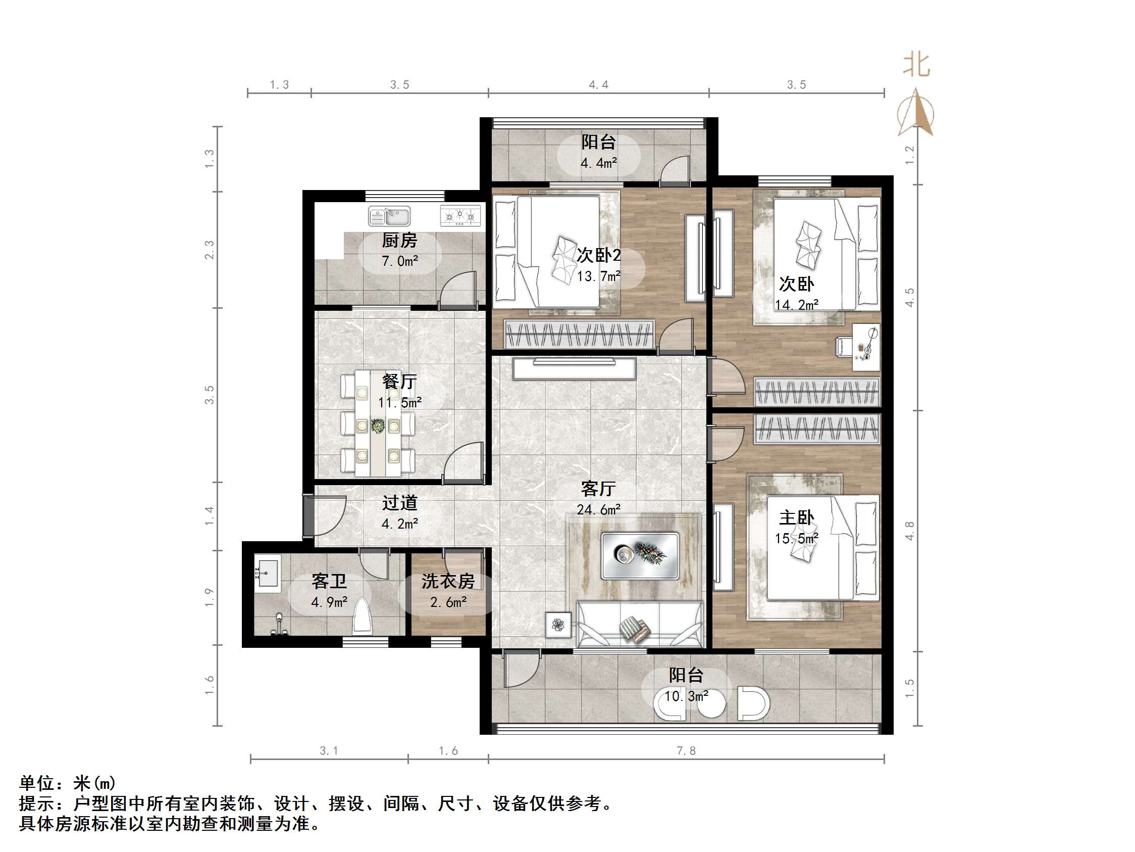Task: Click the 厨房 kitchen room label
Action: click(399, 241)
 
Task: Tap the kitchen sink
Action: click(389, 216)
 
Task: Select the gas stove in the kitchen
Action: click(460, 216)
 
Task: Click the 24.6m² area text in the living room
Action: click(598, 509)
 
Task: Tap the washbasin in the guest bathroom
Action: click(267, 573)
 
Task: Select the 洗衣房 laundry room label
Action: click(448, 581)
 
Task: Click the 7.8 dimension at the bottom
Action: click(686, 751)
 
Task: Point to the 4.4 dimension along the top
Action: click(598, 85)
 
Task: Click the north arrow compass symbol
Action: click(915, 113)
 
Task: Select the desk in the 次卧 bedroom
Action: click(865, 347)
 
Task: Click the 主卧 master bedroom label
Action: click(796, 517)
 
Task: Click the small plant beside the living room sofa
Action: click(558, 625)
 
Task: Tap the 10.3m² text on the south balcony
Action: click(686, 696)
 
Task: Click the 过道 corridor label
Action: click(399, 503)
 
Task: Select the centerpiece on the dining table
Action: click(378, 425)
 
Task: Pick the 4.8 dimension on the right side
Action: click(910, 531)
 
